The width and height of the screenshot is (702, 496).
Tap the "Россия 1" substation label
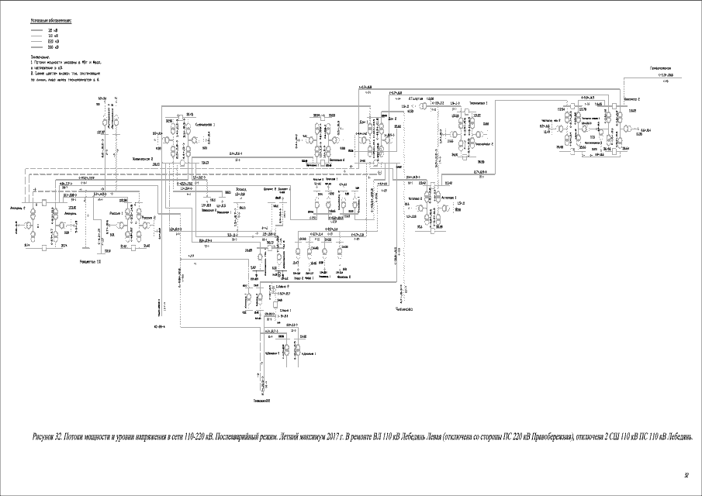click(x=118, y=210)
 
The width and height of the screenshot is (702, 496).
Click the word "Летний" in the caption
click(x=283, y=436)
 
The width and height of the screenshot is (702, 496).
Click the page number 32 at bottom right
click(x=686, y=475)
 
